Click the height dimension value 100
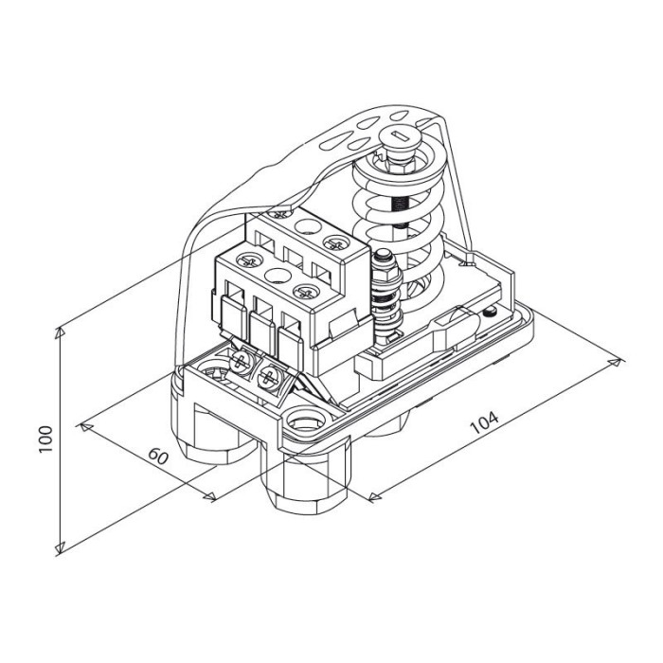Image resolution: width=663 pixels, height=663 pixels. [45, 439]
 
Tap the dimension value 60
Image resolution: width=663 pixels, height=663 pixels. [158, 457]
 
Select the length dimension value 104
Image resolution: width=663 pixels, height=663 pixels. [485, 422]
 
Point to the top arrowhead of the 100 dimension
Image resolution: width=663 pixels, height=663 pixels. [60, 332]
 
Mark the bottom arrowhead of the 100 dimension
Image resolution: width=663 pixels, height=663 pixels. [60, 547]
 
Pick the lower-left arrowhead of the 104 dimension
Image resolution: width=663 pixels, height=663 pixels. [375, 497]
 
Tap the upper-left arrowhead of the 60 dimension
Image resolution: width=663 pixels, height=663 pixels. [86, 427]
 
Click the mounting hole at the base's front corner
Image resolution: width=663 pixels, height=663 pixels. [305, 421]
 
